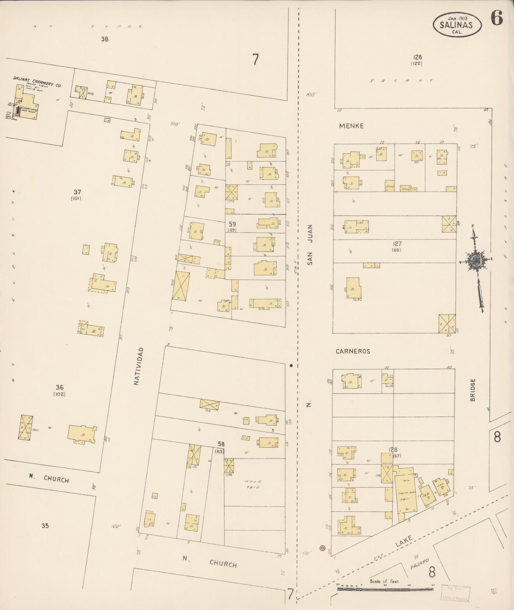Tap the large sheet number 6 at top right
click(x=497, y=18)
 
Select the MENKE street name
click(x=351, y=126)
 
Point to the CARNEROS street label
click(x=353, y=351)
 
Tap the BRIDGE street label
click(x=472, y=390)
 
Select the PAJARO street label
click(x=419, y=562)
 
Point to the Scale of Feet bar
click(x=385, y=589)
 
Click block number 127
click(x=397, y=244)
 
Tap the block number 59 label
click(x=232, y=224)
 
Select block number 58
click(x=221, y=444)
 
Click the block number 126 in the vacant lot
click(x=417, y=57)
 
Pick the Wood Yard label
click(x=253, y=484)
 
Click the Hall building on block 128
click(x=404, y=498)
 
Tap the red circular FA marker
click(x=323, y=548)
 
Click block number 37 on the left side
click(x=77, y=192)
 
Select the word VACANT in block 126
click(x=401, y=80)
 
